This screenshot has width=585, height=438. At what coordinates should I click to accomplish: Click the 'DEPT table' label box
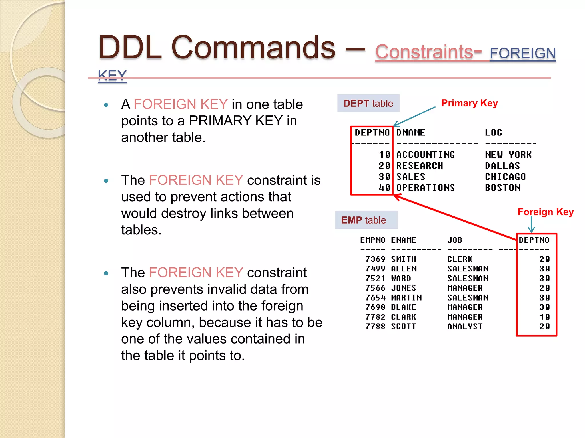coord(368,103)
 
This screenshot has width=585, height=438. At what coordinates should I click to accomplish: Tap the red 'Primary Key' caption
coord(469,103)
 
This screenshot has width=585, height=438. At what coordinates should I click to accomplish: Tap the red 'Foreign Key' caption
coord(545,212)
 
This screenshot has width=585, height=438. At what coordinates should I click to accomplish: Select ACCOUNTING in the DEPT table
coord(425,155)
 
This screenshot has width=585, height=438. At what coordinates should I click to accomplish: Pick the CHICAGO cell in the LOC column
coord(505,177)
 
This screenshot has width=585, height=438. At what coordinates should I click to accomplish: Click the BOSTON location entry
coord(503,188)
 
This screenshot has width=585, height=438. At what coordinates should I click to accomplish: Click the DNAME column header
coord(410,132)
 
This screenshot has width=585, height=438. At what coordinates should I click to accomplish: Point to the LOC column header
coord(493,132)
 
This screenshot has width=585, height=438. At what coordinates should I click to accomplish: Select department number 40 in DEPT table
coord(384,188)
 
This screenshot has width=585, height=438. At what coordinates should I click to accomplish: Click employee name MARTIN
coord(406,297)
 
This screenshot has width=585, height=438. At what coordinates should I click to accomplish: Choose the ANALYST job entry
coord(465,326)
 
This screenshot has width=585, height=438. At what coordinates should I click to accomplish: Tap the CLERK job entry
coord(460,259)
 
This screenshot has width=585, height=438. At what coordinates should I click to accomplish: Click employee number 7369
coord(375,259)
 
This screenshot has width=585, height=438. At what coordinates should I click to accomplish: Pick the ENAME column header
coord(403,240)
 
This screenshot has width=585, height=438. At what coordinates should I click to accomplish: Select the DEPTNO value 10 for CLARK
coord(544,317)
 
